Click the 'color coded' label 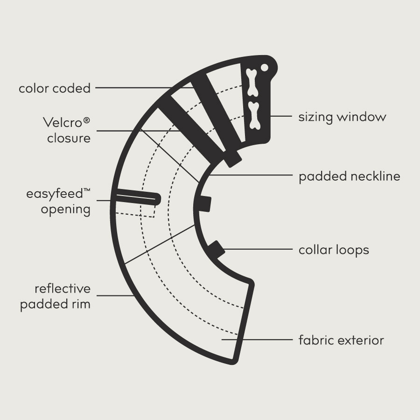tap(55, 88)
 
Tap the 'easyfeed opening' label tap(58, 202)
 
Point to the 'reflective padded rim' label tap(55, 296)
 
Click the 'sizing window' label tap(343, 117)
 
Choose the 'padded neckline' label tap(350, 176)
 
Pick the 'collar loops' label tap(334, 250)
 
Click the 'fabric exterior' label tap(341, 341)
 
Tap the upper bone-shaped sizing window tap(252, 82)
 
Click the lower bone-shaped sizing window tap(254, 115)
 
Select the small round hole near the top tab tap(265, 68)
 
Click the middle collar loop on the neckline tap(205, 204)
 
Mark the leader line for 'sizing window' tap(281, 116)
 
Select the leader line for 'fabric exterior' tap(257, 340)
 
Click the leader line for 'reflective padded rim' tap(115, 296)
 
